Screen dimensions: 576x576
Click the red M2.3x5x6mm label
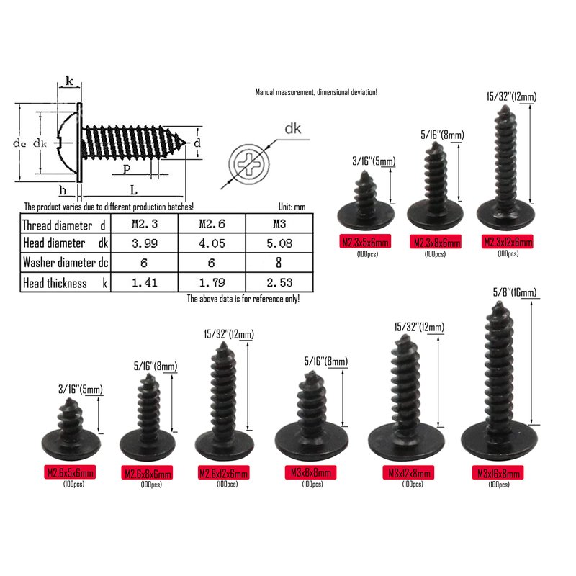pos(365,242)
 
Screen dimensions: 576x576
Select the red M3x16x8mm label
pos(498,473)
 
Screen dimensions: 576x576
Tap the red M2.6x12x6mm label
pos(223,472)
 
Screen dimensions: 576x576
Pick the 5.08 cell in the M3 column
pos(279,243)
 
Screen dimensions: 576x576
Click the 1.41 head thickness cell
pos(145,282)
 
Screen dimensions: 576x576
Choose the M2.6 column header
pos(212,224)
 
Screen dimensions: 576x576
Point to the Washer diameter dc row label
pos(66,263)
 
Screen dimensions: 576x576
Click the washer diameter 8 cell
pos(279,263)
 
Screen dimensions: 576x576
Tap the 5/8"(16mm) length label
pos(514,292)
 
